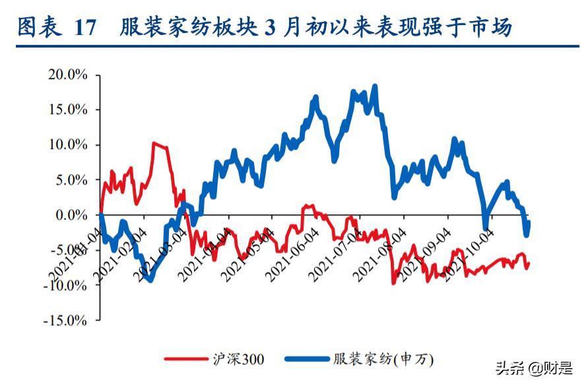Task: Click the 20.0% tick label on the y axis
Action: (68, 74)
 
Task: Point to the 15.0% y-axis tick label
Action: (68, 109)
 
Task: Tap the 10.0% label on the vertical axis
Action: (68, 144)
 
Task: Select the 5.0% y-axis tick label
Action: (71, 179)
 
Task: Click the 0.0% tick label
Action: (71, 215)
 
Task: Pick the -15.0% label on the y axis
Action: (65, 320)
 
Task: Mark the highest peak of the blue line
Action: (375, 86)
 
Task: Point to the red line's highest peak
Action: (154, 142)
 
